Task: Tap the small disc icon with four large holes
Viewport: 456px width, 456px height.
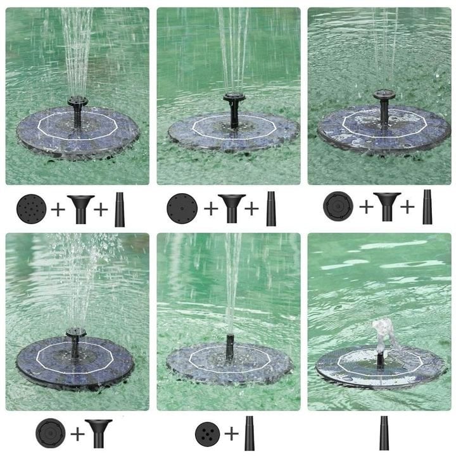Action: click(208, 433)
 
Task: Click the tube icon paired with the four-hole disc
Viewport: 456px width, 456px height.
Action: click(250, 433)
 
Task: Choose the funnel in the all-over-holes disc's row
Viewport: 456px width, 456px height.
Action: click(80, 208)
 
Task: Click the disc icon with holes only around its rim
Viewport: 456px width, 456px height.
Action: click(182, 208)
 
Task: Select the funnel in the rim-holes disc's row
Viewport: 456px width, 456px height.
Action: click(232, 208)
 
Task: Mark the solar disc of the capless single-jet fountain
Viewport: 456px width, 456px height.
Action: click(229, 364)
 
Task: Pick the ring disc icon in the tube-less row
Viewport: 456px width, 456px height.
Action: click(50, 433)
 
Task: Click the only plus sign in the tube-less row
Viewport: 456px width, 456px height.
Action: click(76, 434)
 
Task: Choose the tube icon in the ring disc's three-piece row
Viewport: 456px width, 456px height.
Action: click(427, 207)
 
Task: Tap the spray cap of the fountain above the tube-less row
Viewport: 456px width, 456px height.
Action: click(75, 332)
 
